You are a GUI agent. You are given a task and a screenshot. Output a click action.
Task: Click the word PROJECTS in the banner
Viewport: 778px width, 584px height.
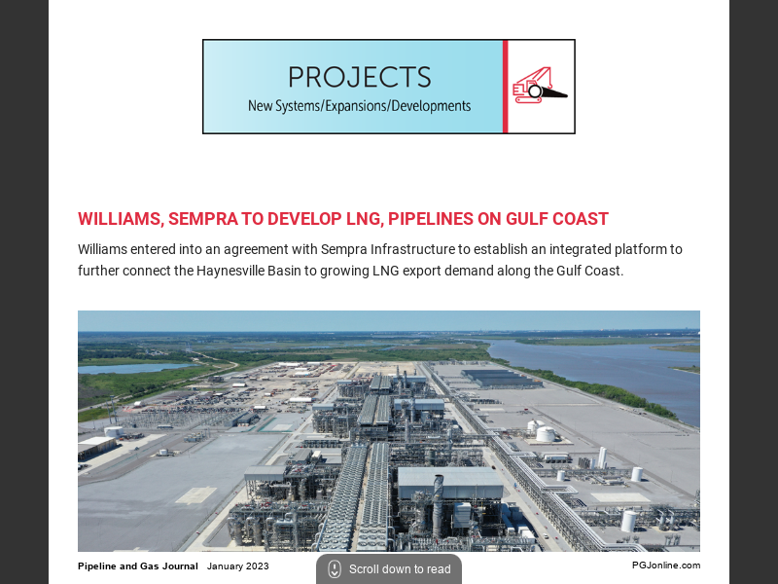359,77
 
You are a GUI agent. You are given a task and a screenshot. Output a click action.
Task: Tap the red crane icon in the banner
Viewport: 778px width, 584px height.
539,86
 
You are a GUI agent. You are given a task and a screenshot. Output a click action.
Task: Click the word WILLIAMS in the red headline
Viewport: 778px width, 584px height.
118,219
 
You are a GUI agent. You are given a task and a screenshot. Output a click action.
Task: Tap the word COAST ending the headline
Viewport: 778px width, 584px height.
581,219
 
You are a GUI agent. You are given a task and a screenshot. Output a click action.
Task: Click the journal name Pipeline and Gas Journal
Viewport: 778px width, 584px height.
138,566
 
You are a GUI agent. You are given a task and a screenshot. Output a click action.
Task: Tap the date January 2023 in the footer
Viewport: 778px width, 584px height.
238,566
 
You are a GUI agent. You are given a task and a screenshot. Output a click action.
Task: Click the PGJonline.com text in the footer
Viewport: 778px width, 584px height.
665,566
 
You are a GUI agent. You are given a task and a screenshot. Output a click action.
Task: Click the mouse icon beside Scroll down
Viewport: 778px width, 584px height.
335,569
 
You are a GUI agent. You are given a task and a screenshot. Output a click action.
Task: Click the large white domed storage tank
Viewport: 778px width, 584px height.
546,434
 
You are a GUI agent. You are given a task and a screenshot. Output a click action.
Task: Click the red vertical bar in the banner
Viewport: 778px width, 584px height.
506,87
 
